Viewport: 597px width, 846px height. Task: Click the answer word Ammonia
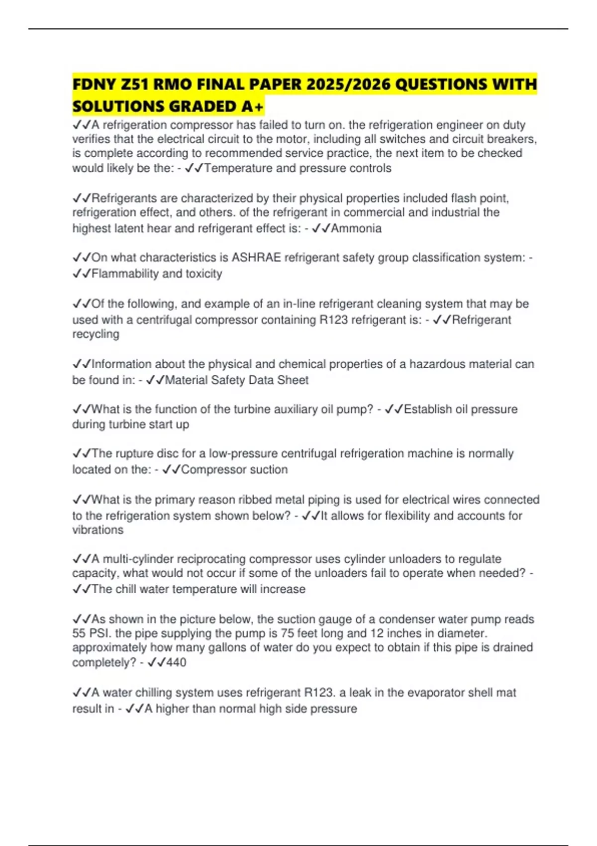click(x=356, y=228)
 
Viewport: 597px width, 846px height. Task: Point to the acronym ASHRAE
click(x=256, y=258)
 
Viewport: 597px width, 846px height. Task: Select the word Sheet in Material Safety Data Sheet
click(x=293, y=380)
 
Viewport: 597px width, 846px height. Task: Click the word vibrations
click(x=98, y=529)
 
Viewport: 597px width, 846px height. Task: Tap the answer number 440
click(x=176, y=662)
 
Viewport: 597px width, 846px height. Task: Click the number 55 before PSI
click(x=80, y=634)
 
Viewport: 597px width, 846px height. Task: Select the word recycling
click(x=96, y=334)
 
